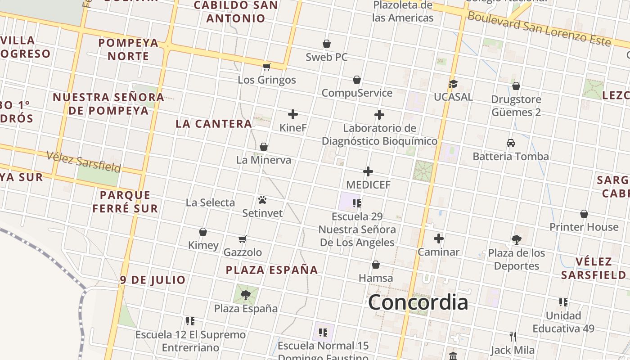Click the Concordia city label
(418, 302)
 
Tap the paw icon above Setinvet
(262, 199)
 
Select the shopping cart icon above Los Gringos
(267, 67)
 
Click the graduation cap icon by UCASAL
(453, 84)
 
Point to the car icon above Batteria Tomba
(511, 143)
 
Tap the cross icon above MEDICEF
(368, 171)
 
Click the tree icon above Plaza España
(246, 295)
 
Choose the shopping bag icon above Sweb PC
(327, 44)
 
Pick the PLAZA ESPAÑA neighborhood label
(272, 270)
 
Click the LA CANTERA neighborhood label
(214, 124)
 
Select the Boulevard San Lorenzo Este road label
(539, 28)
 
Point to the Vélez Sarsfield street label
(84, 162)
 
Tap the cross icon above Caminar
(439, 238)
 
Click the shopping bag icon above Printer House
(584, 214)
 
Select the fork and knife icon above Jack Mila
(513, 336)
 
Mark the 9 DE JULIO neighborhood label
(153, 280)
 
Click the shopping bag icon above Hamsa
(376, 265)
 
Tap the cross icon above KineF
(293, 114)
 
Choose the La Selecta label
(210, 202)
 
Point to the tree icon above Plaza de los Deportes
(516, 239)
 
